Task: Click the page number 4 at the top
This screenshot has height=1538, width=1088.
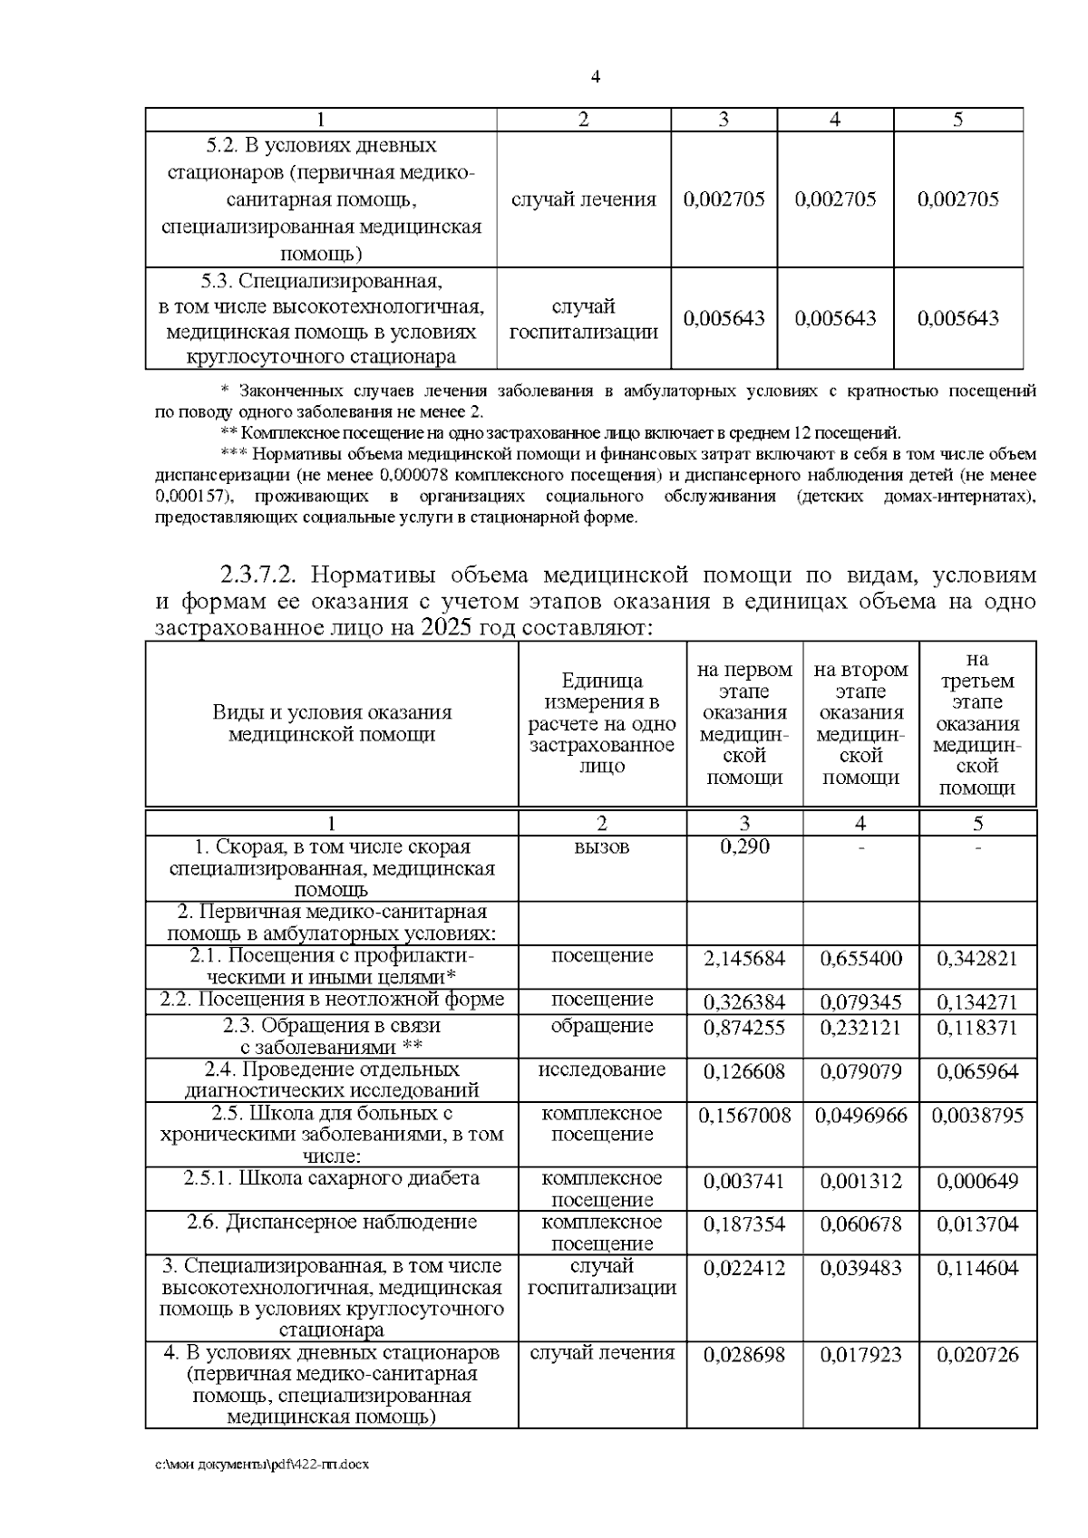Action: point(595,77)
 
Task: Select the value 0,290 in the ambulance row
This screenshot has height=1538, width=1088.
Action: point(744,847)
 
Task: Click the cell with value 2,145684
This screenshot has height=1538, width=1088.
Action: point(744,959)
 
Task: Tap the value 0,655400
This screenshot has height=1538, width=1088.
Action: point(860,959)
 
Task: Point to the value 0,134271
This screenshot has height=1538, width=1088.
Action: point(977,1002)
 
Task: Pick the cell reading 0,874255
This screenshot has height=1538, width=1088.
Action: point(744,1029)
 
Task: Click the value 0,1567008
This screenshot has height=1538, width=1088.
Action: point(744,1116)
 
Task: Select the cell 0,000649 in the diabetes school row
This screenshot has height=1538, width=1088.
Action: point(977,1182)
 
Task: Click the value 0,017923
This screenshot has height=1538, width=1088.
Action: point(860,1356)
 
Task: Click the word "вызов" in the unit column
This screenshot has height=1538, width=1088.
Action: point(601,847)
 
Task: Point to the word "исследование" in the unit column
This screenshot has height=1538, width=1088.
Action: point(601,1069)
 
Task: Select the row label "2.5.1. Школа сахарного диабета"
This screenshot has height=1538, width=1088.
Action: point(331,1179)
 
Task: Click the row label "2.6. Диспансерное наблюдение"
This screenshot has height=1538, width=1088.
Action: point(331,1223)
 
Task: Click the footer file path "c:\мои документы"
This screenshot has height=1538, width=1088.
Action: point(263,1465)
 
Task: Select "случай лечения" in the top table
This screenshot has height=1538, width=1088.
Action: point(583,200)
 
